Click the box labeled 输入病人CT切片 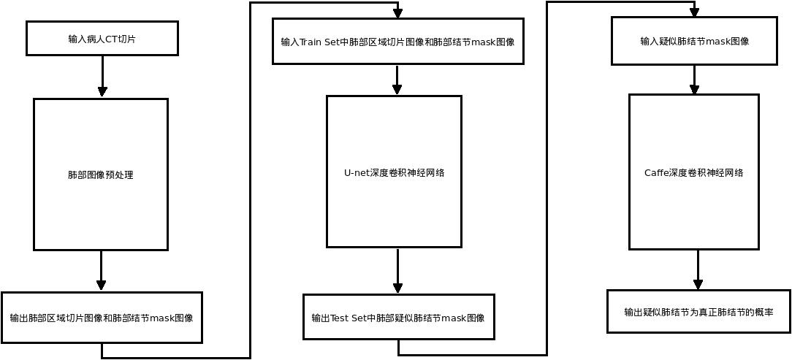[102, 38]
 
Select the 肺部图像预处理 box [101, 175]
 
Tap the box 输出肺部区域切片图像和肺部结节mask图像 [102, 318]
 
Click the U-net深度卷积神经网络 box [394, 172]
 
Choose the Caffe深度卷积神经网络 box [693, 172]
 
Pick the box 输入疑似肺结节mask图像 [694, 41]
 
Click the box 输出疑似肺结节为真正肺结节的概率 [698, 312]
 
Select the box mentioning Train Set [397, 42]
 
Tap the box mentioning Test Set [398, 318]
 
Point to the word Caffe [656, 173]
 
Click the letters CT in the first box [112, 39]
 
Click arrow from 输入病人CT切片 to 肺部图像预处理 [102, 76]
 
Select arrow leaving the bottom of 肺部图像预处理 [101, 270]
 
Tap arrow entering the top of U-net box [397, 80]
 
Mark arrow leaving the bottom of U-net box [398, 271]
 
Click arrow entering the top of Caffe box [694, 79]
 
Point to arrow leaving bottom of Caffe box [698, 269]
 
